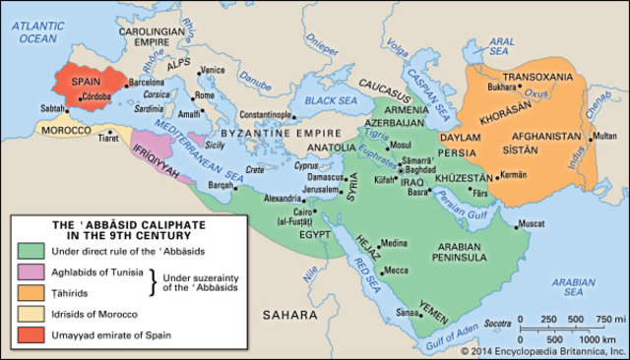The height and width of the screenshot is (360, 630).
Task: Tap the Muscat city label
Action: tap(532, 223)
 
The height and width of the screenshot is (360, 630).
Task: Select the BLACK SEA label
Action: tap(332, 100)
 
